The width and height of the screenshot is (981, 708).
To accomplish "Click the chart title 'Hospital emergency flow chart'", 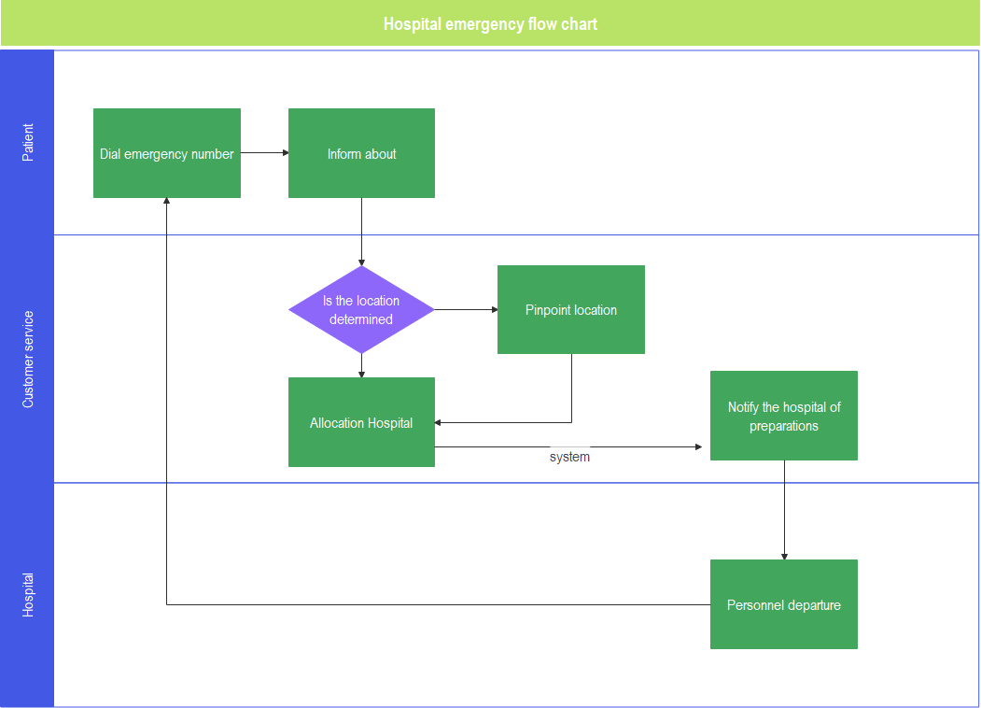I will (490, 24).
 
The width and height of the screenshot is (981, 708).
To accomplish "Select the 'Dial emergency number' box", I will (167, 153).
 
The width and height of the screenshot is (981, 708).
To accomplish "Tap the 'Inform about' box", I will (361, 153).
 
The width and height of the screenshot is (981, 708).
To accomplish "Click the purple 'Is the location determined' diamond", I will (361, 309).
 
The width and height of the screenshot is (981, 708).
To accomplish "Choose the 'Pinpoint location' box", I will (570, 309).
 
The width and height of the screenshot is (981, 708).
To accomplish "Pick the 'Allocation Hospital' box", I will (361, 422).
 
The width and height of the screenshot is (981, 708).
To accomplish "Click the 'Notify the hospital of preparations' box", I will (783, 416).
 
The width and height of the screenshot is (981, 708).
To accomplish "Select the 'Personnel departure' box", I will (783, 604).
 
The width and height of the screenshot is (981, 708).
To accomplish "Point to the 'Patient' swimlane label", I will (28, 142).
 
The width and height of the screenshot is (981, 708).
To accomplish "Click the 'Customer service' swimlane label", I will (28, 359).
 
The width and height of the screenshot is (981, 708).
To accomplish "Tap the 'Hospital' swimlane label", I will (28, 595).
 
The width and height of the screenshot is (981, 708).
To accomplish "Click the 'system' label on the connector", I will (569, 457).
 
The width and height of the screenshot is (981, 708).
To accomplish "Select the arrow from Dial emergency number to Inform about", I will (264, 153).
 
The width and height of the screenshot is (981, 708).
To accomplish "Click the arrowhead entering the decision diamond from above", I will (361, 262).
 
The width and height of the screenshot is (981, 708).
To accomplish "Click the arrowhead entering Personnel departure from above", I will (784, 555).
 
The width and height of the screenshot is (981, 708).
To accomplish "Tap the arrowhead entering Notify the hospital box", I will (698, 447).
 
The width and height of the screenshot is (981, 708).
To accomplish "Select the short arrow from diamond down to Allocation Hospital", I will (361, 365).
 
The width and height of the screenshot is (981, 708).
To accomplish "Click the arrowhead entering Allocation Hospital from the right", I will (440, 422).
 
